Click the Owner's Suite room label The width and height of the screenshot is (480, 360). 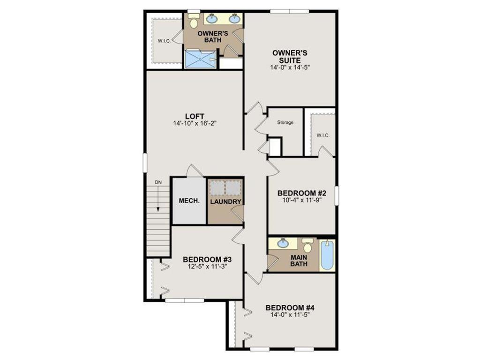click(x=290, y=57)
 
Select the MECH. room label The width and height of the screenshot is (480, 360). click(x=189, y=201)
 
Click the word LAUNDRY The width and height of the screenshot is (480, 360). click(x=225, y=202)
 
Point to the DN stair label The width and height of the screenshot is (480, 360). click(x=158, y=182)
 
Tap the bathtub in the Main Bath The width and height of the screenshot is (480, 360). click(x=328, y=255)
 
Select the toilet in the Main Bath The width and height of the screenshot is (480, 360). click(x=307, y=245)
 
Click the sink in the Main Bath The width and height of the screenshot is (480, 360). click(x=283, y=244)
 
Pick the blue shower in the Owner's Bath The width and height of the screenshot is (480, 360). click(x=200, y=59)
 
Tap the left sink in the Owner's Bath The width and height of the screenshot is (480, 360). click(x=211, y=19)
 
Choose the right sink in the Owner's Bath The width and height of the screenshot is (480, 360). click(x=235, y=18)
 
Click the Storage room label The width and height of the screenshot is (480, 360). click(x=285, y=122)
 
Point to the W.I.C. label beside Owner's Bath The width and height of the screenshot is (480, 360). click(x=164, y=41)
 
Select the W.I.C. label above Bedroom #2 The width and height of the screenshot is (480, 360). click(x=323, y=135)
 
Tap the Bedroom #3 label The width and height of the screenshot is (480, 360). click(x=207, y=260)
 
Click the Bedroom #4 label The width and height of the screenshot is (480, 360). click(x=290, y=307)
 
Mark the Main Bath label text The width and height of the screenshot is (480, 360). click(x=299, y=261)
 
